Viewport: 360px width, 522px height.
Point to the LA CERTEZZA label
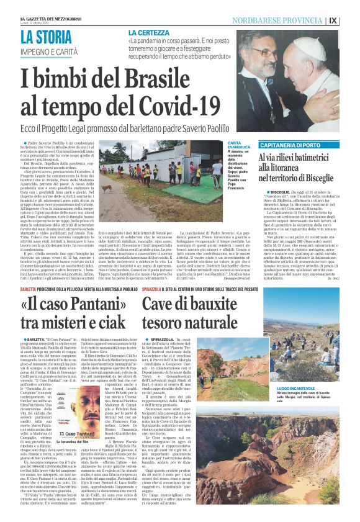click(153, 32)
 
